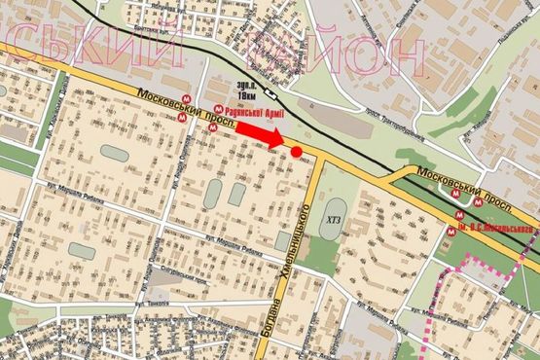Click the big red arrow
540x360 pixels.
(260, 134)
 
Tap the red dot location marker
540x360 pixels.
(296, 152)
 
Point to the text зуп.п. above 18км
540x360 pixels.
(245, 85)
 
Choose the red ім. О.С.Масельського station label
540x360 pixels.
(493, 230)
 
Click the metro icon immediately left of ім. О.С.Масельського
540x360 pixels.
(451, 230)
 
